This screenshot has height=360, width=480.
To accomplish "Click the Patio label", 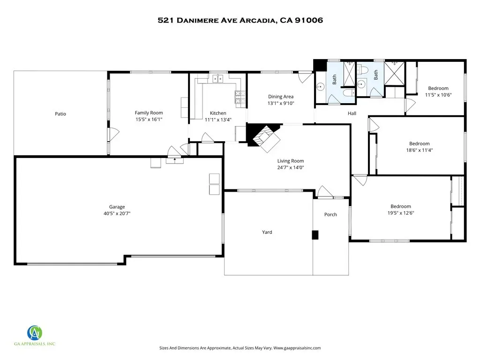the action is [60, 114].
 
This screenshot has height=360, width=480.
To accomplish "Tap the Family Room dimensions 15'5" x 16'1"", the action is [149, 120].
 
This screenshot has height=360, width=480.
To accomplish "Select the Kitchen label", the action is [218, 113].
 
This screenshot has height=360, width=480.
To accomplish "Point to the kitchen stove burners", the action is [240, 97].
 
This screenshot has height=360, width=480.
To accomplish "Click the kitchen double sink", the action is [217, 79].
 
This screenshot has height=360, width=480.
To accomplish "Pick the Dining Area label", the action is [281, 97].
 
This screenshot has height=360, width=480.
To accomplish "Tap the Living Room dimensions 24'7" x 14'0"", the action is [291, 167].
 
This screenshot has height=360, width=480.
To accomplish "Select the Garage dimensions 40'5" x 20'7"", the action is [117, 213].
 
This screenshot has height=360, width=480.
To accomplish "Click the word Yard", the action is [267, 232].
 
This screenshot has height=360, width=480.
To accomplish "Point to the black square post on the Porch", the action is [315, 235].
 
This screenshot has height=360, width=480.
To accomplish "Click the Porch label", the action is [330, 215].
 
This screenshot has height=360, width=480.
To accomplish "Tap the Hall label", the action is [352, 113].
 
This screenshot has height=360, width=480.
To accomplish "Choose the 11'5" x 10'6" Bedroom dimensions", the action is [438, 95].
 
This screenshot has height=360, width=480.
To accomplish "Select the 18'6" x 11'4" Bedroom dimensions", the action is [420, 150].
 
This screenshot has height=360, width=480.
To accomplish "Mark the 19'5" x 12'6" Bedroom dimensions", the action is [401, 213].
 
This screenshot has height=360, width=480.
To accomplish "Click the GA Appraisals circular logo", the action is [35, 333].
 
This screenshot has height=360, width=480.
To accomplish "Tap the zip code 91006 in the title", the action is [308, 20].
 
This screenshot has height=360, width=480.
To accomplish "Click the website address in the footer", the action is [297, 348].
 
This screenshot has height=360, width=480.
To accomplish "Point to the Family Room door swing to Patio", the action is [114, 135].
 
